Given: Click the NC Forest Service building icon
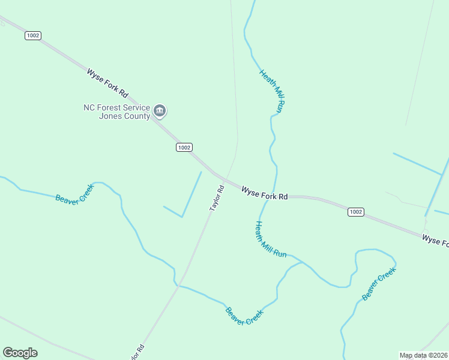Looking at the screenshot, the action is click(160, 110).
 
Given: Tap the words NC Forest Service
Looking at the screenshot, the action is click(116, 108).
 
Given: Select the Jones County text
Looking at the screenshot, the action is click(124, 116).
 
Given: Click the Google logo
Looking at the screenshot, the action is click(20, 353).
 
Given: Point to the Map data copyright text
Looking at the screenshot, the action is click(423, 355).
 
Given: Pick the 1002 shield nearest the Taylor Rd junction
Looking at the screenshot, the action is click(184, 147).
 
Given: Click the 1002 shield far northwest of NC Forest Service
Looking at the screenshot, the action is click(33, 35).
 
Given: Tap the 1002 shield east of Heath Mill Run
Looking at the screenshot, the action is click(356, 212).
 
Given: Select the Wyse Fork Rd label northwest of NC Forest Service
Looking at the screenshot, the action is click(108, 83).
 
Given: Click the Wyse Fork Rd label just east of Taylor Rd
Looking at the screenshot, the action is click(265, 193).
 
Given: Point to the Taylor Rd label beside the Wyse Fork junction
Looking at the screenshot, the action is click(217, 198).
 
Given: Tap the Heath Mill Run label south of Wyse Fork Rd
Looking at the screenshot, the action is click(271, 240).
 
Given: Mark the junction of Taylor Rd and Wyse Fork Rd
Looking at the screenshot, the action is click(223, 178).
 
